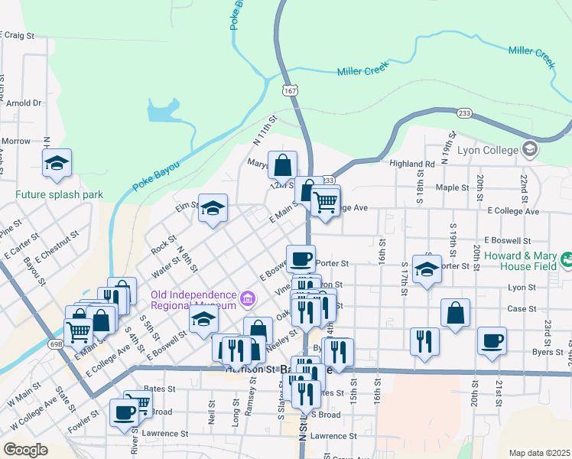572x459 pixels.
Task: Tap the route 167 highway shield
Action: click(289, 90)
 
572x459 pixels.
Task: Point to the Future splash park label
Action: click(59, 194)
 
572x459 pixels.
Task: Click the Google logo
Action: click(25, 449)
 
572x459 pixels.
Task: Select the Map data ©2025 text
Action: click(539, 453)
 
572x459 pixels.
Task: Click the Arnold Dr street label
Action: click(25, 103)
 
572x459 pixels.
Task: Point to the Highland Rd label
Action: click(411, 164)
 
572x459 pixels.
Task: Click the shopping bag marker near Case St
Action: click(455, 313)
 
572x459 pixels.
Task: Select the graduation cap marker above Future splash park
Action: click(57, 161)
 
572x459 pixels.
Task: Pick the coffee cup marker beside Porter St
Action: click(301, 258)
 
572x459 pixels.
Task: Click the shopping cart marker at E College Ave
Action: click(326, 202)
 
